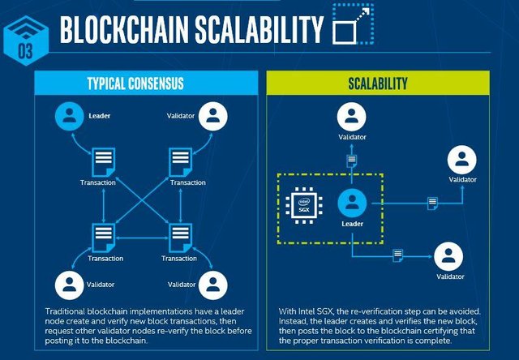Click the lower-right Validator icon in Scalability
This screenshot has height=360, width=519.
coord(449,256)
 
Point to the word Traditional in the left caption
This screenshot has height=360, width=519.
coord(66,312)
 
